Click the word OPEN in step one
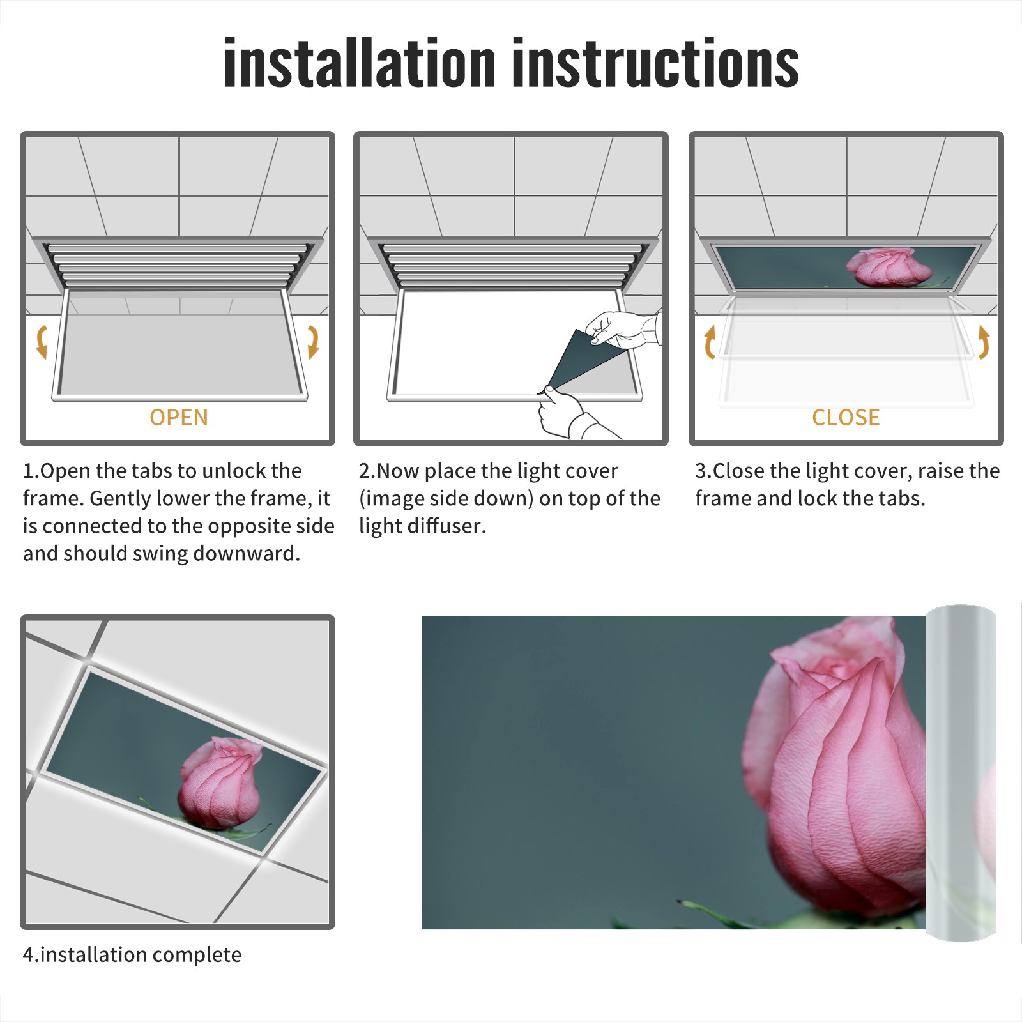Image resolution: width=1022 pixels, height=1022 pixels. (x=179, y=417)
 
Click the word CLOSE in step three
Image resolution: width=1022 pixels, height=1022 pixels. (x=846, y=417)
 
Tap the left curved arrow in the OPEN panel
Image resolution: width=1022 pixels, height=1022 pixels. (x=42, y=342)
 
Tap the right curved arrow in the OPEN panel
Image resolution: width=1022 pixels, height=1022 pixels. (x=313, y=342)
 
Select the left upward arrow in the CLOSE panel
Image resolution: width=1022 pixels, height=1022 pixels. (x=710, y=342)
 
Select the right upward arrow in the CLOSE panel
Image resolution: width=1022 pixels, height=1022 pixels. (x=984, y=342)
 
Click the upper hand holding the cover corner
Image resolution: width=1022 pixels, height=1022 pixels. (x=623, y=328)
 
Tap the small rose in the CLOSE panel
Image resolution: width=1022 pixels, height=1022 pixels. (x=881, y=267)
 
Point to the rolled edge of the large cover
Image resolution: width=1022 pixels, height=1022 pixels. (x=961, y=773)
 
